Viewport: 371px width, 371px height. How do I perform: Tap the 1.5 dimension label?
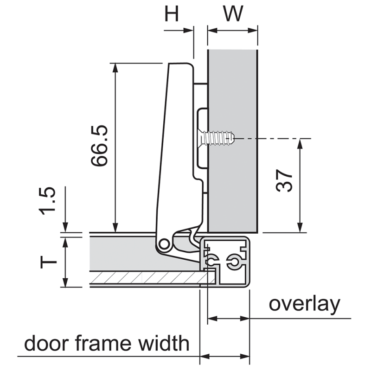point(48,201)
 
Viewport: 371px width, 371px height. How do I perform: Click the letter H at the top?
point(172,14)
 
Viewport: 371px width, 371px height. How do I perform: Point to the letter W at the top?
point(233,14)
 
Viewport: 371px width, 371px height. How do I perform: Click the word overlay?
point(304,304)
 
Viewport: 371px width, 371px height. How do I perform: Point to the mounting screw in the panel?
point(217,138)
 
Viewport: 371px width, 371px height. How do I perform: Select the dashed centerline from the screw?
point(274,138)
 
